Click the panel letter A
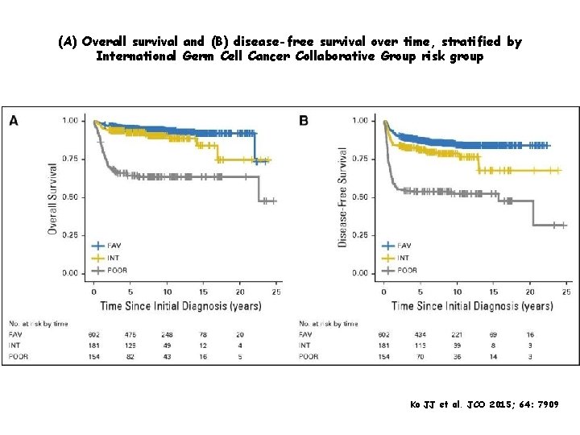[14, 121]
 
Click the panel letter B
[304, 121]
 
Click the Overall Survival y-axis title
[52, 197]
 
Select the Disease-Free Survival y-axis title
[342, 197]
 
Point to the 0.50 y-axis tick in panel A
[72, 197]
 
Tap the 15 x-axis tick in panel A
[204, 292]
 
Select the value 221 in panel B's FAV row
[458, 334]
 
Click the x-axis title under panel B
[472, 306]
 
